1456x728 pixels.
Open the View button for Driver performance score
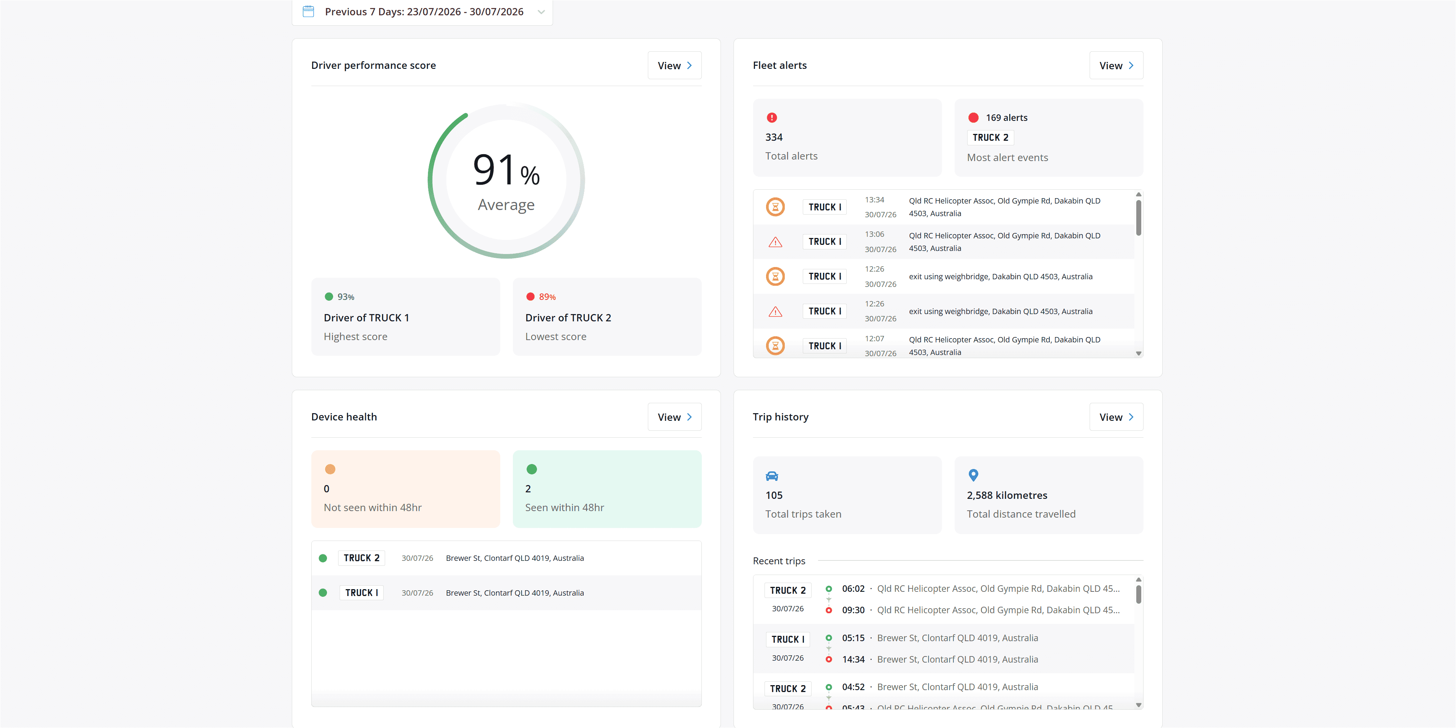tap(674, 65)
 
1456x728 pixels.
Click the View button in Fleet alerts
tap(1116, 65)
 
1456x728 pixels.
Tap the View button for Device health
tap(674, 417)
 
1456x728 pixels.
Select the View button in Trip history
tap(1116, 417)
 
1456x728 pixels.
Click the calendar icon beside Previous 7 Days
tap(308, 11)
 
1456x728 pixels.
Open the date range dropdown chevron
tap(541, 12)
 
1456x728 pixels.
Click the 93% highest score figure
tap(346, 297)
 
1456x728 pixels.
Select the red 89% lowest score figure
tap(547, 297)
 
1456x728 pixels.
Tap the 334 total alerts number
tap(774, 137)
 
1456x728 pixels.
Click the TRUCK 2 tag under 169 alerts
tap(990, 137)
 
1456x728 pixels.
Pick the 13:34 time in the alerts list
tap(874, 200)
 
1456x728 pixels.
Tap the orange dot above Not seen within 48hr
tap(330, 469)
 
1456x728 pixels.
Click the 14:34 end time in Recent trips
tap(853, 659)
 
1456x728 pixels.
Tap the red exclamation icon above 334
tap(771, 117)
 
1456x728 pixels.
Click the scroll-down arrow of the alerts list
tap(1138, 353)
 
